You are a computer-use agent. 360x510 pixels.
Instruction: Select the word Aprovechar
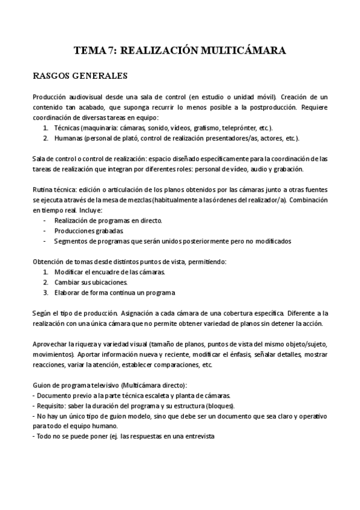click(x=50, y=344)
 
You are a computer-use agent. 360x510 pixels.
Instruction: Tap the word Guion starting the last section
click(x=42, y=385)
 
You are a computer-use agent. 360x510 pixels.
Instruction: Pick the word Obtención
click(x=49, y=262)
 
